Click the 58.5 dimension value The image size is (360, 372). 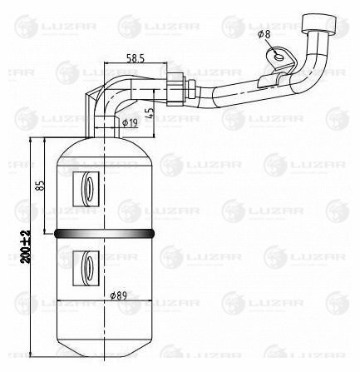pos(136,58)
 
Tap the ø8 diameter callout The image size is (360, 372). pos(264,35)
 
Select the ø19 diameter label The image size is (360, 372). pos(130,122)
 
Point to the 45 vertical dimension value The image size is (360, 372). pos(150,112)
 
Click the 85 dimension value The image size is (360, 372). pos(40,186)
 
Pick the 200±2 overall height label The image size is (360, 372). pos(26,246)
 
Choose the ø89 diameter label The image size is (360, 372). pos(118,295)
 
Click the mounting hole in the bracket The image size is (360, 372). pos(279,57)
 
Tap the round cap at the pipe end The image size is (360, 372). pos(319,23)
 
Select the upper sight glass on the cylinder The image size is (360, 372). pos(86,189)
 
